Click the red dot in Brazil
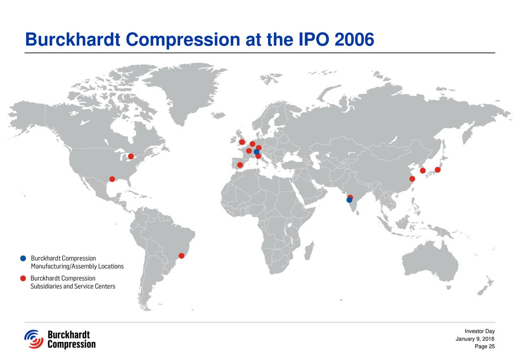(182, 256)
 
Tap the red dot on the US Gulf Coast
(112, 179)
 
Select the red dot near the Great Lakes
(131, 156)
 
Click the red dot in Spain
(240, 165)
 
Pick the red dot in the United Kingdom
(242, 142)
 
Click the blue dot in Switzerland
(256, 152)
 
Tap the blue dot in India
(349, 200)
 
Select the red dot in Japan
(438, 170)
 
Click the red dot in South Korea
(422, 171)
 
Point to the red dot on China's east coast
(412, 179)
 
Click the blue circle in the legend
(23, 258)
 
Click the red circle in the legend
(23, 278)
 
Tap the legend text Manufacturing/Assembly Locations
(77, 267)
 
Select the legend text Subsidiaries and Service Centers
(73, 286)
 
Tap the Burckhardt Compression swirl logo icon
(34, 339)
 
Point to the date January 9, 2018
(475, 340)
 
